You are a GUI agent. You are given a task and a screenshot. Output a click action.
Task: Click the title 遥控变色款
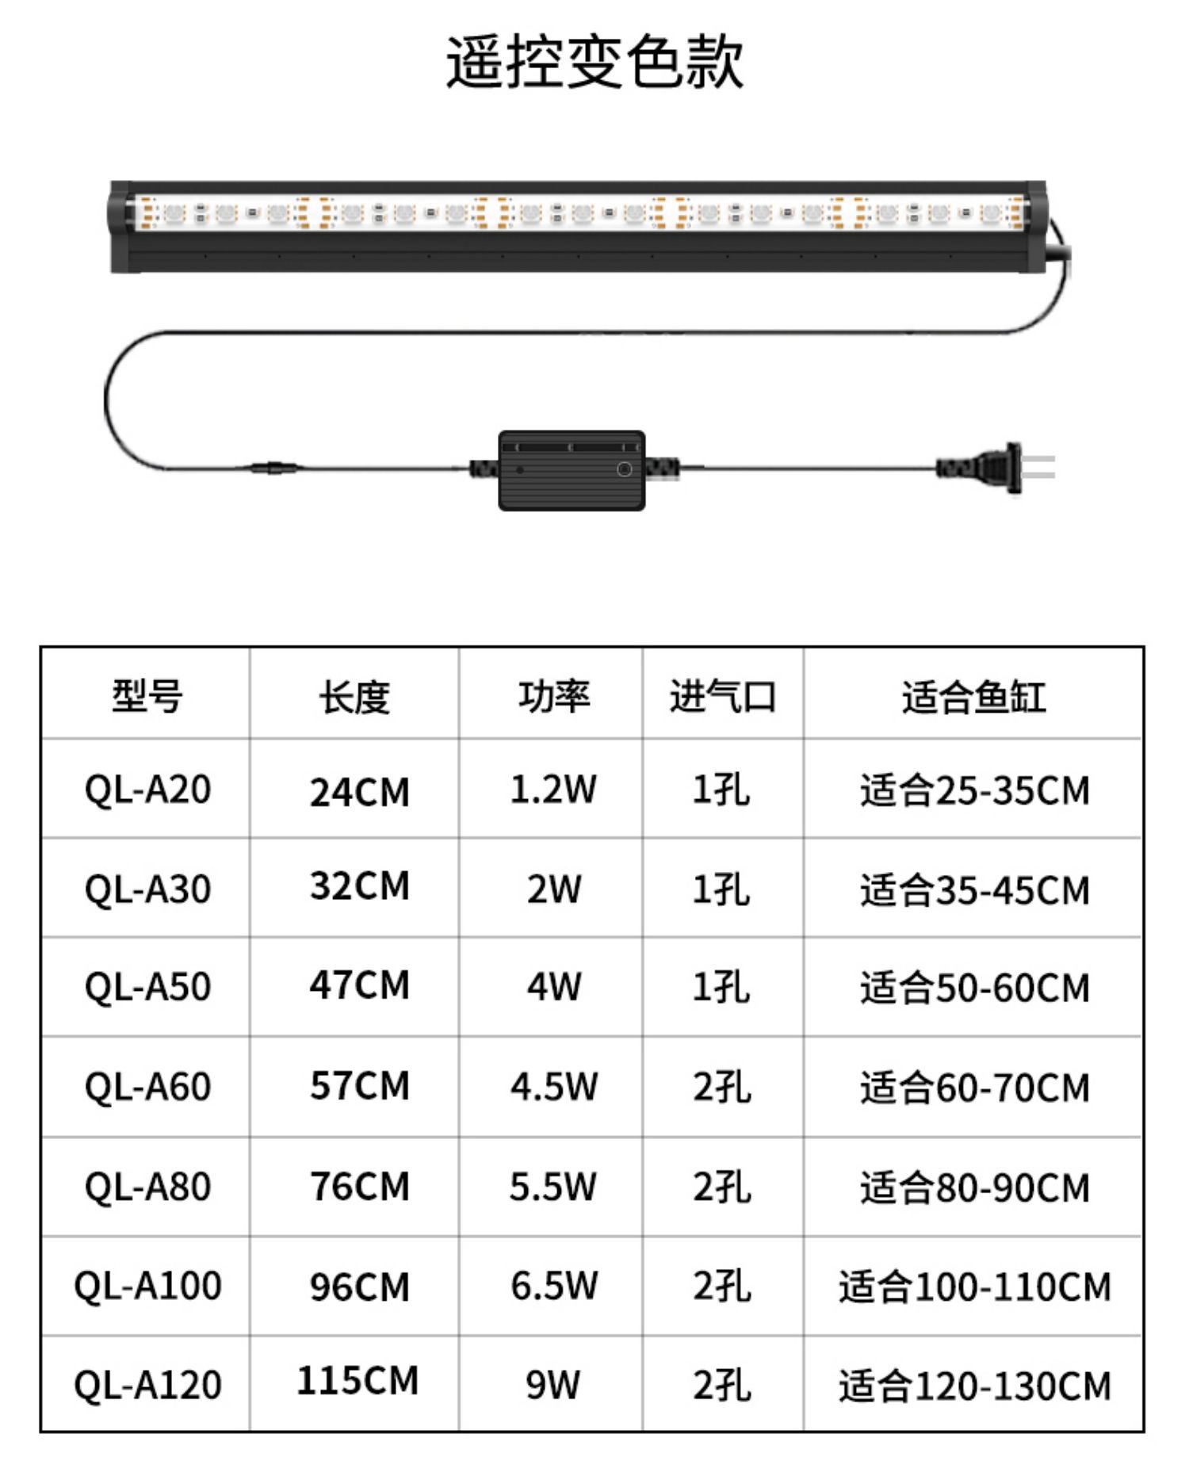pos(594,62)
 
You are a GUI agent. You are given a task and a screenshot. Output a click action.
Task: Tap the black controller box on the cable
pos(572,470)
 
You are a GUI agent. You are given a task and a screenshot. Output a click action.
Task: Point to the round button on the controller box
pos(624,469)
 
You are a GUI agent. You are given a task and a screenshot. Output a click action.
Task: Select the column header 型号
pos(147,697)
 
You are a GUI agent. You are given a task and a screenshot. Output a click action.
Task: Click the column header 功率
pos(553,697)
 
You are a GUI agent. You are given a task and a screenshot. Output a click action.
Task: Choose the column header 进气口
pos(722,697)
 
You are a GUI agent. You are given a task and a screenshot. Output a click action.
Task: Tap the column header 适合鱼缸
pos(973,697)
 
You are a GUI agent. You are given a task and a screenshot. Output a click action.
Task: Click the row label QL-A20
pos(147,790)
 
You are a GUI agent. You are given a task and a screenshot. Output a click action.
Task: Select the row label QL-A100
pos(147,1285)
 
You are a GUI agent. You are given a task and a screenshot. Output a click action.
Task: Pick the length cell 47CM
pos(359,985)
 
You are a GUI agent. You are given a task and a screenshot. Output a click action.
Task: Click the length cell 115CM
pos(357,1380)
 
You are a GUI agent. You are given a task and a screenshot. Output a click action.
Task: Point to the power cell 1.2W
pos(552,790)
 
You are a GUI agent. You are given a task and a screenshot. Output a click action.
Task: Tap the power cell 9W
pos(552,1384)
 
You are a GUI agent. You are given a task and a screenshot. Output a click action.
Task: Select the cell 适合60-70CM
pos(974,1087)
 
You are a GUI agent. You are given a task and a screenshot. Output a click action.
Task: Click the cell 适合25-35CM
pos(974,790)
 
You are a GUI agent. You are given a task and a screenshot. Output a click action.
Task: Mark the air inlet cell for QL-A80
pos(721,1187)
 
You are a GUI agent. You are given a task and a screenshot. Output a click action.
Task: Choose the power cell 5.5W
pos(552,1187)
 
